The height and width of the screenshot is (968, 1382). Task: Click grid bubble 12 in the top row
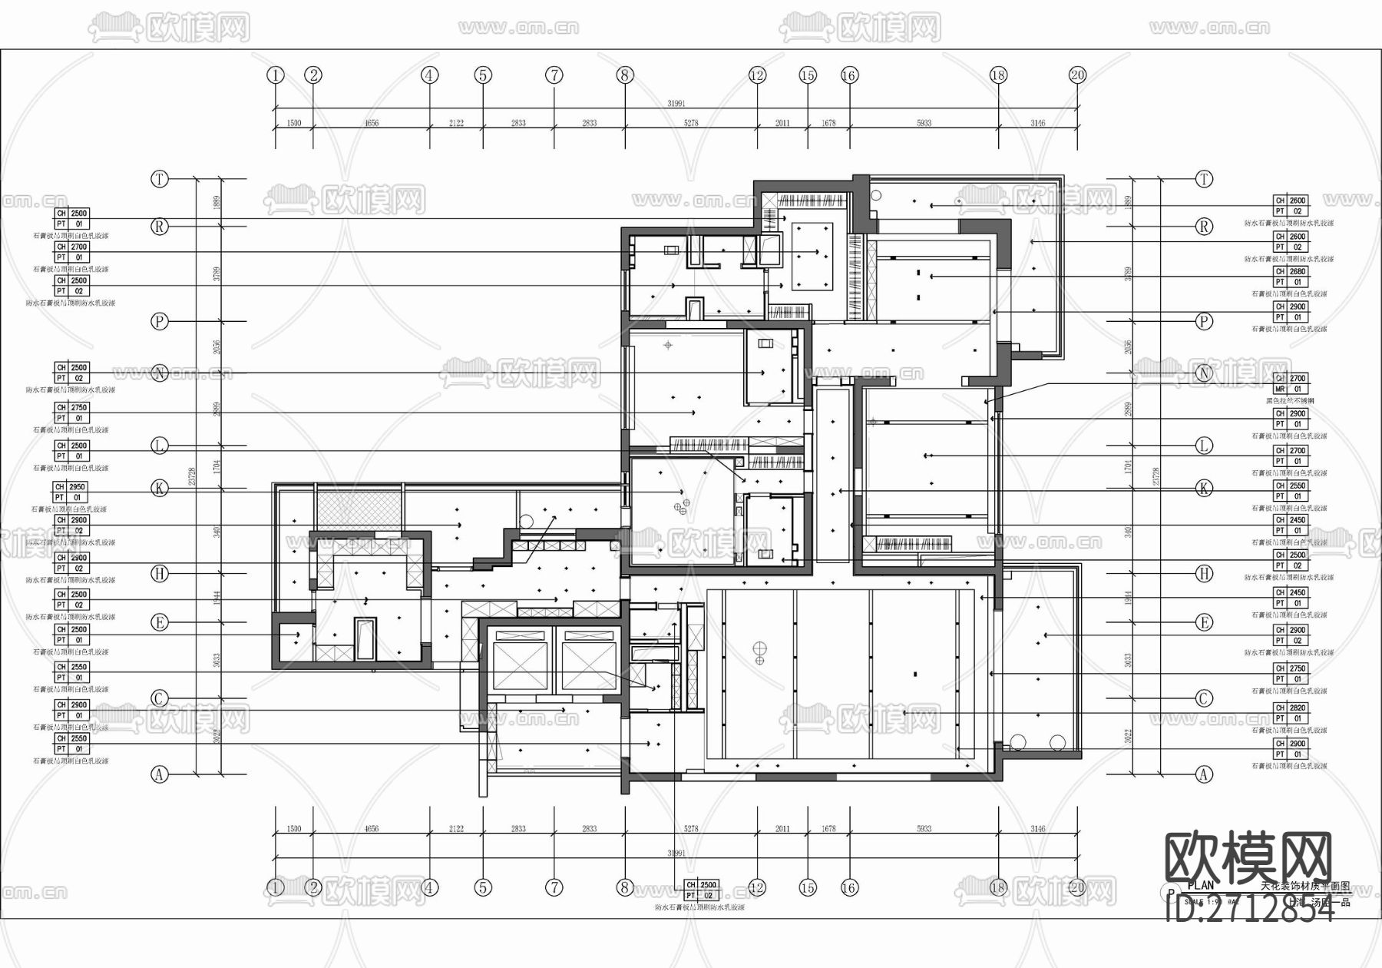pos(757,75)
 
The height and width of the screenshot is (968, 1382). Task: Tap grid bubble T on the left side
pos(159,179)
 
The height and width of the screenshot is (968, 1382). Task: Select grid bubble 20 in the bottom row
pos(1077,888)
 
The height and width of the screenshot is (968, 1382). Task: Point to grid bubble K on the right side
pos(1204,488)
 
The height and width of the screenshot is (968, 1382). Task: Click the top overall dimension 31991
pos(676,103)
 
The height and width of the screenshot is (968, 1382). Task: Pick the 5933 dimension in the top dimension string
pos(924,123)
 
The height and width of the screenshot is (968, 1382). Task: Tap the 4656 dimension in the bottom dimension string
pos(371,829)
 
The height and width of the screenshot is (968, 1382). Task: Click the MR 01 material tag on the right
pos(1290,390)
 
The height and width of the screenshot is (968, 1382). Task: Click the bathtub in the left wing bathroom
pos(365,638)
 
